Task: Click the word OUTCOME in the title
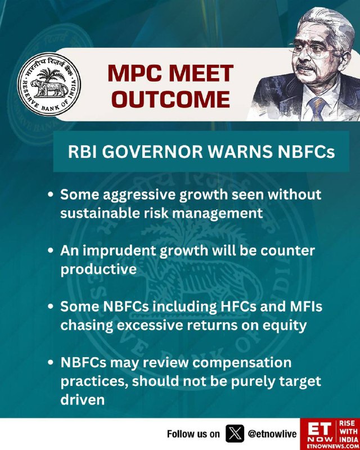click(171, 99)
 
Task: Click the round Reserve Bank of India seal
click(49, 84)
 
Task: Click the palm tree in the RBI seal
click(49, 74)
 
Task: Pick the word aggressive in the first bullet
click(132, 195)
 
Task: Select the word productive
click(98, 270)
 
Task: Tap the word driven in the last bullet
click(82, 400)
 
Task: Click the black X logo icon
click(235, 433)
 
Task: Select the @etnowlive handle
click(272, 434)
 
